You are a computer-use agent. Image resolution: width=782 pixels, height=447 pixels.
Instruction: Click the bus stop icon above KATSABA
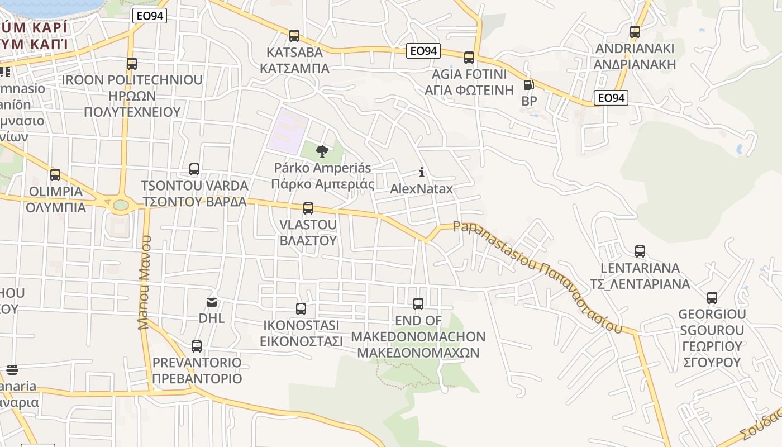(294, 36)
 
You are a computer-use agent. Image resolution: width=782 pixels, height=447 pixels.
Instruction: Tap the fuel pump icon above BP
(528, 85)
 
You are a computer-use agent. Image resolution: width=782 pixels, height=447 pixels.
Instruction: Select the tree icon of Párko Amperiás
(322, 151)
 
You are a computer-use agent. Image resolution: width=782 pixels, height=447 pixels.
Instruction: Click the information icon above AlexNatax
(422, 172)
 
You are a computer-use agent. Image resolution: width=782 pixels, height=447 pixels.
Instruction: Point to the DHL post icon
(212, 302)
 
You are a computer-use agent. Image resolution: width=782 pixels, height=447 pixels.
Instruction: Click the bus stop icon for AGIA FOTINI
(469, 57)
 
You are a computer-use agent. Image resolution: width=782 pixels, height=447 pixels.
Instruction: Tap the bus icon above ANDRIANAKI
(635, 32)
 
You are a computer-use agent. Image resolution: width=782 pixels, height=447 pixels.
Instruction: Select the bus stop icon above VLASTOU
(308, 208)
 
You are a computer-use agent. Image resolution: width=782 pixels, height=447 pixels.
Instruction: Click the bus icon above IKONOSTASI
(301, 308)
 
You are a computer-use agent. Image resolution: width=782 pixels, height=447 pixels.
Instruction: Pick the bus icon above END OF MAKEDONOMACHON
(418, 304)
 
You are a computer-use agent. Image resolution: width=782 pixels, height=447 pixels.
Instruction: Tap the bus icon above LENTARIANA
(640, 251)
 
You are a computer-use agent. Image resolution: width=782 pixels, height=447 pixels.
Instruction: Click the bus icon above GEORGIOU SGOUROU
(712, 298)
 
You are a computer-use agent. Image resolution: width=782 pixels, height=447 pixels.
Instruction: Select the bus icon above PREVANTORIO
(197, 346)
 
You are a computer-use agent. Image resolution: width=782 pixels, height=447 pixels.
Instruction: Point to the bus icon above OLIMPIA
(55, 175)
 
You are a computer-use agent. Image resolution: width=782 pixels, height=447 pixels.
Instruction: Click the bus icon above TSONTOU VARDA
(194, 169)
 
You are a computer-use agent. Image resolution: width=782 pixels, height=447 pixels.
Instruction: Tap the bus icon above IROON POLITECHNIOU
(132, 64)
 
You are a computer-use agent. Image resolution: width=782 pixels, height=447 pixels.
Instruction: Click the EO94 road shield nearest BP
(611, 98)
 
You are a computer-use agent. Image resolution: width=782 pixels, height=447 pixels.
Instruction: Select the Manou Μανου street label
(144, 282)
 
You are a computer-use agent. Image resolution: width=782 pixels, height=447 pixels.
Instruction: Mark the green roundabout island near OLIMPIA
(121, 205)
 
